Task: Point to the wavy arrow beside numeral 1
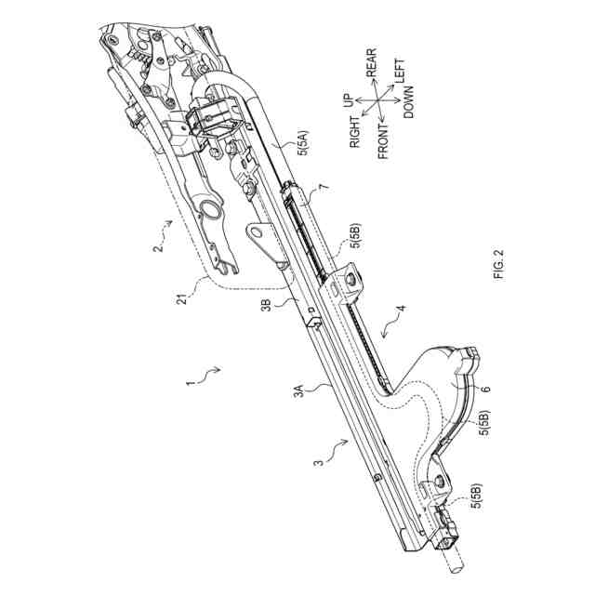(x=212, y=369)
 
